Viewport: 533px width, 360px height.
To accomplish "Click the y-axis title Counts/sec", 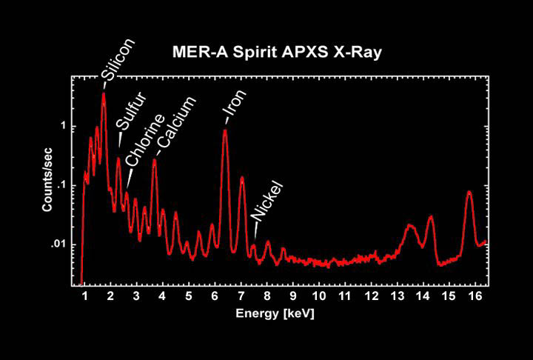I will coord(47,179).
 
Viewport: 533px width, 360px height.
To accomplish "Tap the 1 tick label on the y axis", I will coord(64,126).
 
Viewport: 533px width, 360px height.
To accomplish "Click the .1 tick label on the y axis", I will coord(61,185).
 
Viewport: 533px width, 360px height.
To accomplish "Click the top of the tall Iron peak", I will coord(225,131).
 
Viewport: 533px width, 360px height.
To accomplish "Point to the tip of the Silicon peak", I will coord(104,93).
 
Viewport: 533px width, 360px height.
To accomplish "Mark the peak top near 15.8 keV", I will coord(469,192).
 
